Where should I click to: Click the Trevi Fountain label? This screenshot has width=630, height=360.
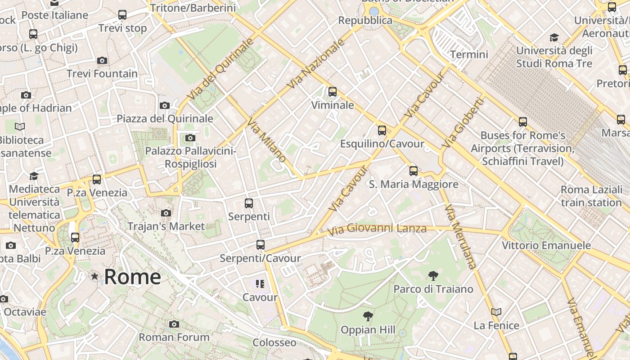click(102, 74)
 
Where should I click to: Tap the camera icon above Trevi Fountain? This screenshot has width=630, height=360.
click(102, 60)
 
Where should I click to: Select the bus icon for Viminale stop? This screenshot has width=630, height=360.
click(333, 92)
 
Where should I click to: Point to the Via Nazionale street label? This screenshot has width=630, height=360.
click(316, 63)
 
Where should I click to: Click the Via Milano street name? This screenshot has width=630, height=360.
click(266, 140)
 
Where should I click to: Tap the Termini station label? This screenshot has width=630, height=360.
click(469, 54)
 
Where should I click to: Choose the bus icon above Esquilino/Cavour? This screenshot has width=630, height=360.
click(382, 130)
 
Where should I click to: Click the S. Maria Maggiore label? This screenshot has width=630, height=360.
click(414, 184)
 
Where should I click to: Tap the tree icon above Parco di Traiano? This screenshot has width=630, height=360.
click(433, 275)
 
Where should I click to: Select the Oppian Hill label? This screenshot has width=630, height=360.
click(368, 330)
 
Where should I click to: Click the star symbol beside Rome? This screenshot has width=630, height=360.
click(94, 276)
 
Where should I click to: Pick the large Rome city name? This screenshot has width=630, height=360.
click(132, 276)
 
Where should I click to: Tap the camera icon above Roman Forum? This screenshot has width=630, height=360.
click(174, 324)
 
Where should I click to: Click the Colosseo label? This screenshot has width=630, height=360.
click(274, 342)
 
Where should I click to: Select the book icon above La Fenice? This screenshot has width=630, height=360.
click(496, 312)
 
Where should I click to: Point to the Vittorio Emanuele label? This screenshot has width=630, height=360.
click(546, 246)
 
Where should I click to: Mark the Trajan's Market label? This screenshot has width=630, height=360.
click(166, 226)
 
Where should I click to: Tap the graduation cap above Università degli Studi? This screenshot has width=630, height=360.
click(554, 37)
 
